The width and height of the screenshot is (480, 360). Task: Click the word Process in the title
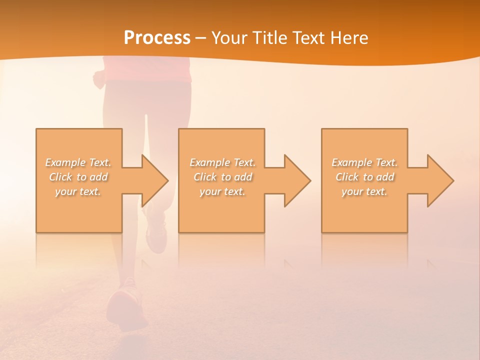coord(157,38)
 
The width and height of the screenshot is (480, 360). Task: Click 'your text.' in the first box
coord(78,191)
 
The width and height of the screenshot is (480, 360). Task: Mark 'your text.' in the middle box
coord(222,191)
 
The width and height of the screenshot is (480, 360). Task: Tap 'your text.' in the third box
coord(364,191)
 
